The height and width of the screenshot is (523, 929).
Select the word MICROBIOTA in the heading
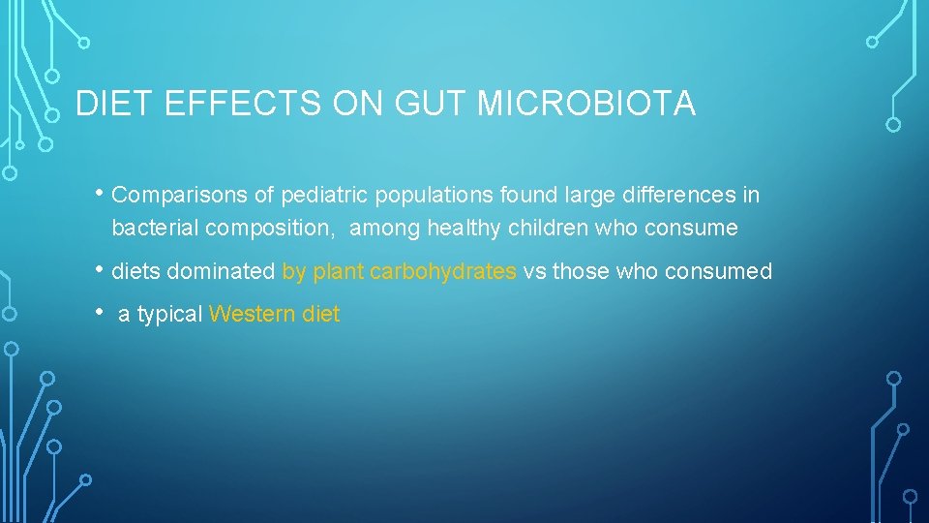[587, 104]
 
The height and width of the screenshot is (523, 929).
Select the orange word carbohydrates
[443, 272]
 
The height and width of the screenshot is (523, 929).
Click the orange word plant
[338, 272]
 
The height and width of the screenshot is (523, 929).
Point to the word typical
[170, 315]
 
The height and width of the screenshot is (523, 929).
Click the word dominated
[221, 272]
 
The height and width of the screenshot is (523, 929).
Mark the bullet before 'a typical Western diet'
[102, 312]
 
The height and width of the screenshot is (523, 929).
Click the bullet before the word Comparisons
[102, 193]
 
